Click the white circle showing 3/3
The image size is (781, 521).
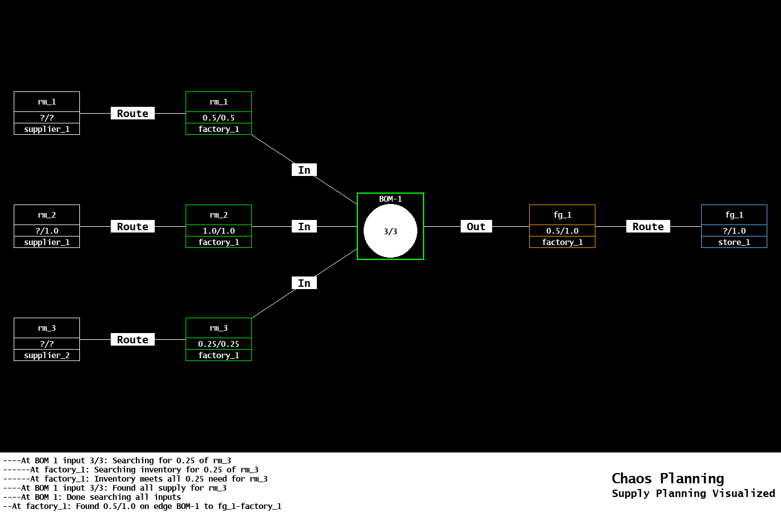390,231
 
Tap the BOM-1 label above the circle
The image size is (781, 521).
390,199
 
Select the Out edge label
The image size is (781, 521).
476,226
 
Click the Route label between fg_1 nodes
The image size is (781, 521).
648,226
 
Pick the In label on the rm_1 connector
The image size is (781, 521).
304,170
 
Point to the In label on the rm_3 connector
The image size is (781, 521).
304,283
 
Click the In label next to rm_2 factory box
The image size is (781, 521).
304,226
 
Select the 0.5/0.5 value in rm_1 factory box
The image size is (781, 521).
219,118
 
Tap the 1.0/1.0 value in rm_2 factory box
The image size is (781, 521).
219,231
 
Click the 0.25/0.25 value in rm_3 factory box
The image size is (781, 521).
219,344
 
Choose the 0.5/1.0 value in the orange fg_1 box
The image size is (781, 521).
562,231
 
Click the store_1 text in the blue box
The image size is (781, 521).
734,242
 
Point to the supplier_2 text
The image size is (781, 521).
47,355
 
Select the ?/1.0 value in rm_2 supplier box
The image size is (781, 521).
47,231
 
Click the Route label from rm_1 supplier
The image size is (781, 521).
132,113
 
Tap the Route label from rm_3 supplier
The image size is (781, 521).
132,339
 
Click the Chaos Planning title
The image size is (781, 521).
667,478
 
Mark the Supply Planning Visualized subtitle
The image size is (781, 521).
693,494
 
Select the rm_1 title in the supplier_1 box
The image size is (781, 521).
47,102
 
